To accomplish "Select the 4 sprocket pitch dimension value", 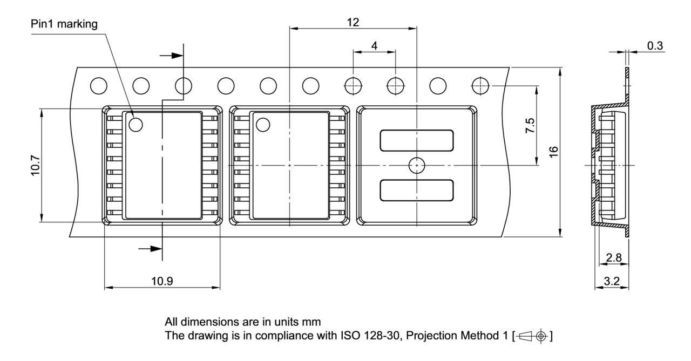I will pyautogui.click(x=374, y=46).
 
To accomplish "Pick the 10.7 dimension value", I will pyautogui.click(x=34, y=165).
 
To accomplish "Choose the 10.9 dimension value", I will pyautogui.click(x=162, y=281).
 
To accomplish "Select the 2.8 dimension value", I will pyautogui.click(x=613, y=258).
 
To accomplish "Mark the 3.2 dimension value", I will pyautogui.click(x=612, y=281).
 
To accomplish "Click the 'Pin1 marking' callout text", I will pyautogui.click(x=64, y=25).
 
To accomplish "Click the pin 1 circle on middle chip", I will pyautogui.click(x=262, y=125).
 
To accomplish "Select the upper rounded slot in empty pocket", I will pyautogui.click(x=417, y=140).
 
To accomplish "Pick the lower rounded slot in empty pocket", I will pyautogui.click(x=417, y=189).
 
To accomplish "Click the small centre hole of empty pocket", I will pyautogui.click(x=417, y=165).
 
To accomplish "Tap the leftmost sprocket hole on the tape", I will pyautogui.click(x=98, y=85).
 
